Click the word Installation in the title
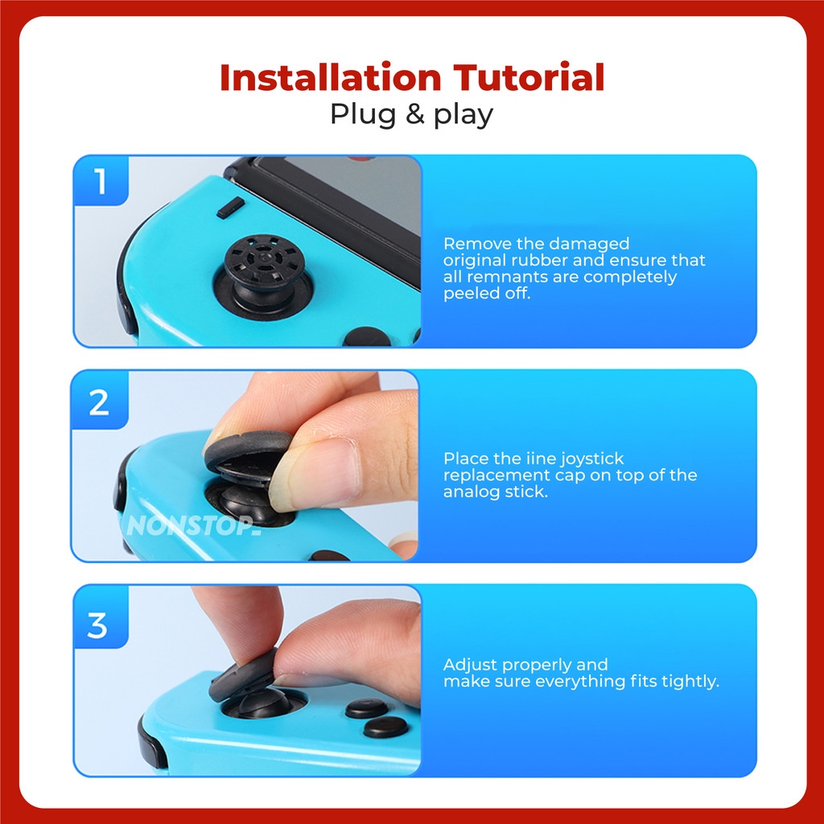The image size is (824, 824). click(x=330, y=77)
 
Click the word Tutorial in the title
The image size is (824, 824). click(x=529, y=77)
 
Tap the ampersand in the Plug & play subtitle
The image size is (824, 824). click(x=414, y=114)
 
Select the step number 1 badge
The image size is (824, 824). click(x=101, y=181)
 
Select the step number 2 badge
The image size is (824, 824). click(x=99, y=402)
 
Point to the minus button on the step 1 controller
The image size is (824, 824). click(x=231, y=208)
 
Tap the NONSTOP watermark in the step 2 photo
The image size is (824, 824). click(x=194, y=525)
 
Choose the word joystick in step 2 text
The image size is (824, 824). click(x=591, y=459)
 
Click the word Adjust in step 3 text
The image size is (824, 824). click(x=471, y=665)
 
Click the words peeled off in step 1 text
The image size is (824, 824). click(x=487, y=293)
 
